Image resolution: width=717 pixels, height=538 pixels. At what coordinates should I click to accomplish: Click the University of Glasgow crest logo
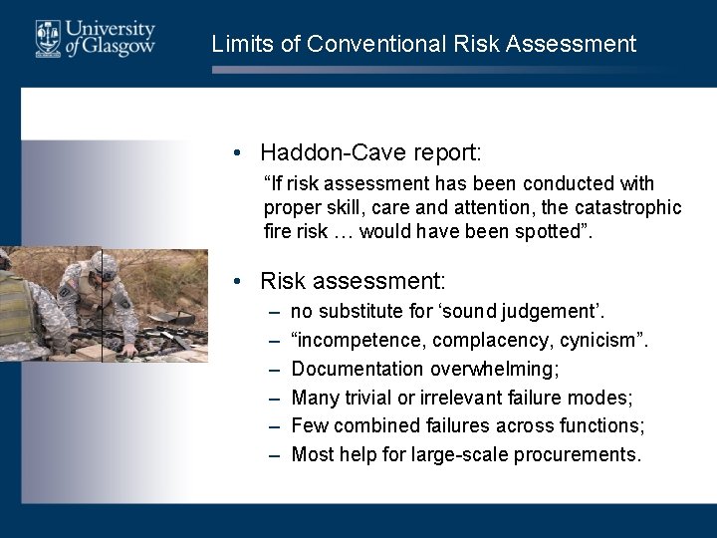point(48,38)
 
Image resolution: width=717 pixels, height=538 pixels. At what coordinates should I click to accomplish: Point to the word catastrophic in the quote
point(634,207)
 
